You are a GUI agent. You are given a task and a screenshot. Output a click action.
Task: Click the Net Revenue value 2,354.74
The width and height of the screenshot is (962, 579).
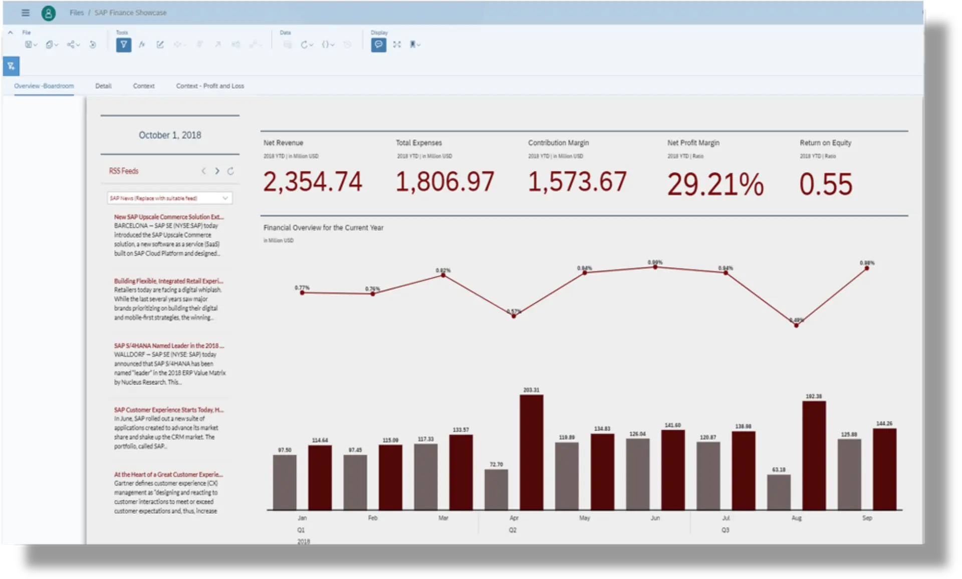(312, 182)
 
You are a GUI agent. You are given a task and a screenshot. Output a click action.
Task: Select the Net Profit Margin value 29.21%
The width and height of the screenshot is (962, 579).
(715, 184)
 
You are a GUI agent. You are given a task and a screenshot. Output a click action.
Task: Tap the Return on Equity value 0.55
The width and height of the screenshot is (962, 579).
(825, 184)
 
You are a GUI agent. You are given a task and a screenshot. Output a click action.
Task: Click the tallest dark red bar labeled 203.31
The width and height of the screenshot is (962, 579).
(531, 451)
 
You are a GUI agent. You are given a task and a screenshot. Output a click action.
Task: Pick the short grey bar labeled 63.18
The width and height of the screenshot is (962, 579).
(779, 492)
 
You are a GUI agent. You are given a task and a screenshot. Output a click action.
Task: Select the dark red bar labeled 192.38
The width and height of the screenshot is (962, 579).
(814, 455)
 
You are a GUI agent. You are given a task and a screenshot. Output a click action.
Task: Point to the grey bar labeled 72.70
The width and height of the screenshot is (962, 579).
(496, 489)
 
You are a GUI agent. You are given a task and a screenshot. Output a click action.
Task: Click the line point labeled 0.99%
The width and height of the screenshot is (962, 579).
(655, 267)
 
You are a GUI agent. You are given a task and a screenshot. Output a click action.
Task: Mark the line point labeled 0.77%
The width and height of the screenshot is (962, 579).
(302, 293)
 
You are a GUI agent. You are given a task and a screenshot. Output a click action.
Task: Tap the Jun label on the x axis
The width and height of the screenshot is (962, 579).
(655, 518)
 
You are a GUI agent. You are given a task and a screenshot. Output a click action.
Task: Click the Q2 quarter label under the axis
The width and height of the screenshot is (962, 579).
(513, 530)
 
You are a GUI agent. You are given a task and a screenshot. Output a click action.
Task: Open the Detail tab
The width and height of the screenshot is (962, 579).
(103, 86)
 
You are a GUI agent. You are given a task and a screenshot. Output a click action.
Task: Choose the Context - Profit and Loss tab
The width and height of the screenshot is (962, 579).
(210, 86)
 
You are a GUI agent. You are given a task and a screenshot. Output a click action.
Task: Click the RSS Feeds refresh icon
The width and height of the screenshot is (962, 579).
(230, 171)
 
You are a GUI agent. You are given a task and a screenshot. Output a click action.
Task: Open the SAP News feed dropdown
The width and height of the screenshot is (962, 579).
(169, 198)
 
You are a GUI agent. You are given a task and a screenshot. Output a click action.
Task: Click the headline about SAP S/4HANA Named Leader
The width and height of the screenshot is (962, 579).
(169, 345)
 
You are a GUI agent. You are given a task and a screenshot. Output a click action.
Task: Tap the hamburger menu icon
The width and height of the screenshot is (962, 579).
(26, 13)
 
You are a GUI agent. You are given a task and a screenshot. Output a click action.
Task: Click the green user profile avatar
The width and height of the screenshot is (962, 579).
(49, 13)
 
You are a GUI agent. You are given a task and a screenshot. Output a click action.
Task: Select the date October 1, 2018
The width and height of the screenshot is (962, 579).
(170, 135)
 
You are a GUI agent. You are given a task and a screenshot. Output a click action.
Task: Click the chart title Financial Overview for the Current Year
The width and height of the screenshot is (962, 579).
(323, 228)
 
